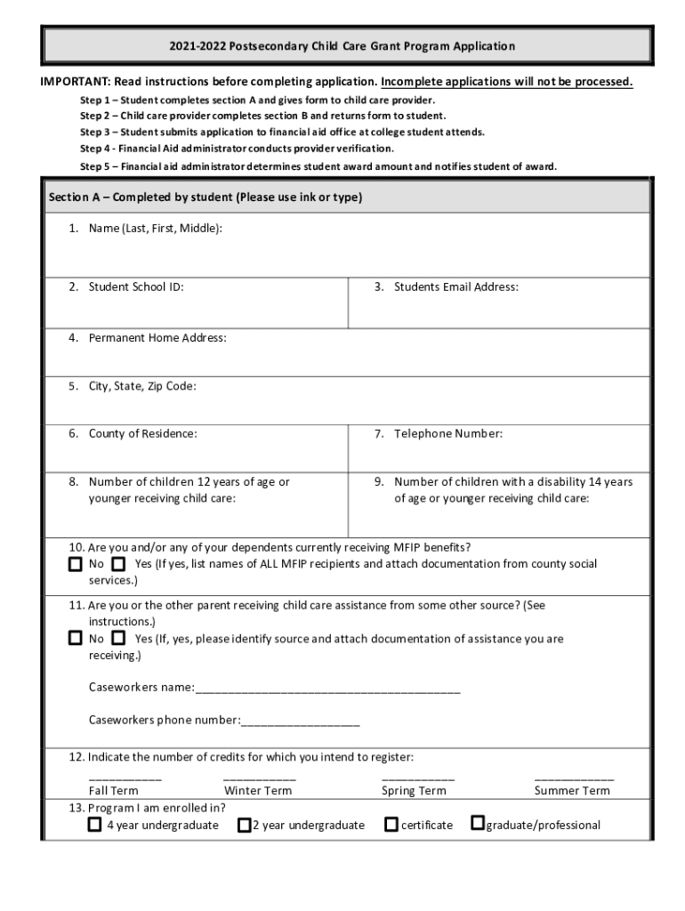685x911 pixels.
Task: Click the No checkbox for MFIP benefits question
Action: point(76,565)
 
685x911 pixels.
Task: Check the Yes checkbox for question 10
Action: point(118,565)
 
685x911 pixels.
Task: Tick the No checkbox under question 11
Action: point(76,639)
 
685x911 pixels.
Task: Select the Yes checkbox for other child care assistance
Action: point(118,639)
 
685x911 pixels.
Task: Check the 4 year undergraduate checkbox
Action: point(95,825)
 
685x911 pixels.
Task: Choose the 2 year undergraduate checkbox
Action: point(244,825)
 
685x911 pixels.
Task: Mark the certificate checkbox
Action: point(391,825)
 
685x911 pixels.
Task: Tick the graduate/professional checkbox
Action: point(477,824)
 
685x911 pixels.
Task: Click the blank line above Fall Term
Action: point(125,779)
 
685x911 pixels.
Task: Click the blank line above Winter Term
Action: point(259,779)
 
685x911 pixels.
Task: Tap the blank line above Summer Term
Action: point(573,779)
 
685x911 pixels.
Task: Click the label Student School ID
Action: point(136,287)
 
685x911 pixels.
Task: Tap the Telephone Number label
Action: point(448,434)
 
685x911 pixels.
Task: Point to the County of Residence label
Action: point(142,434)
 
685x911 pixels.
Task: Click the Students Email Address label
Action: point(455,287)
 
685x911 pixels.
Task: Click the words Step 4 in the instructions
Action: point(94,149)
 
